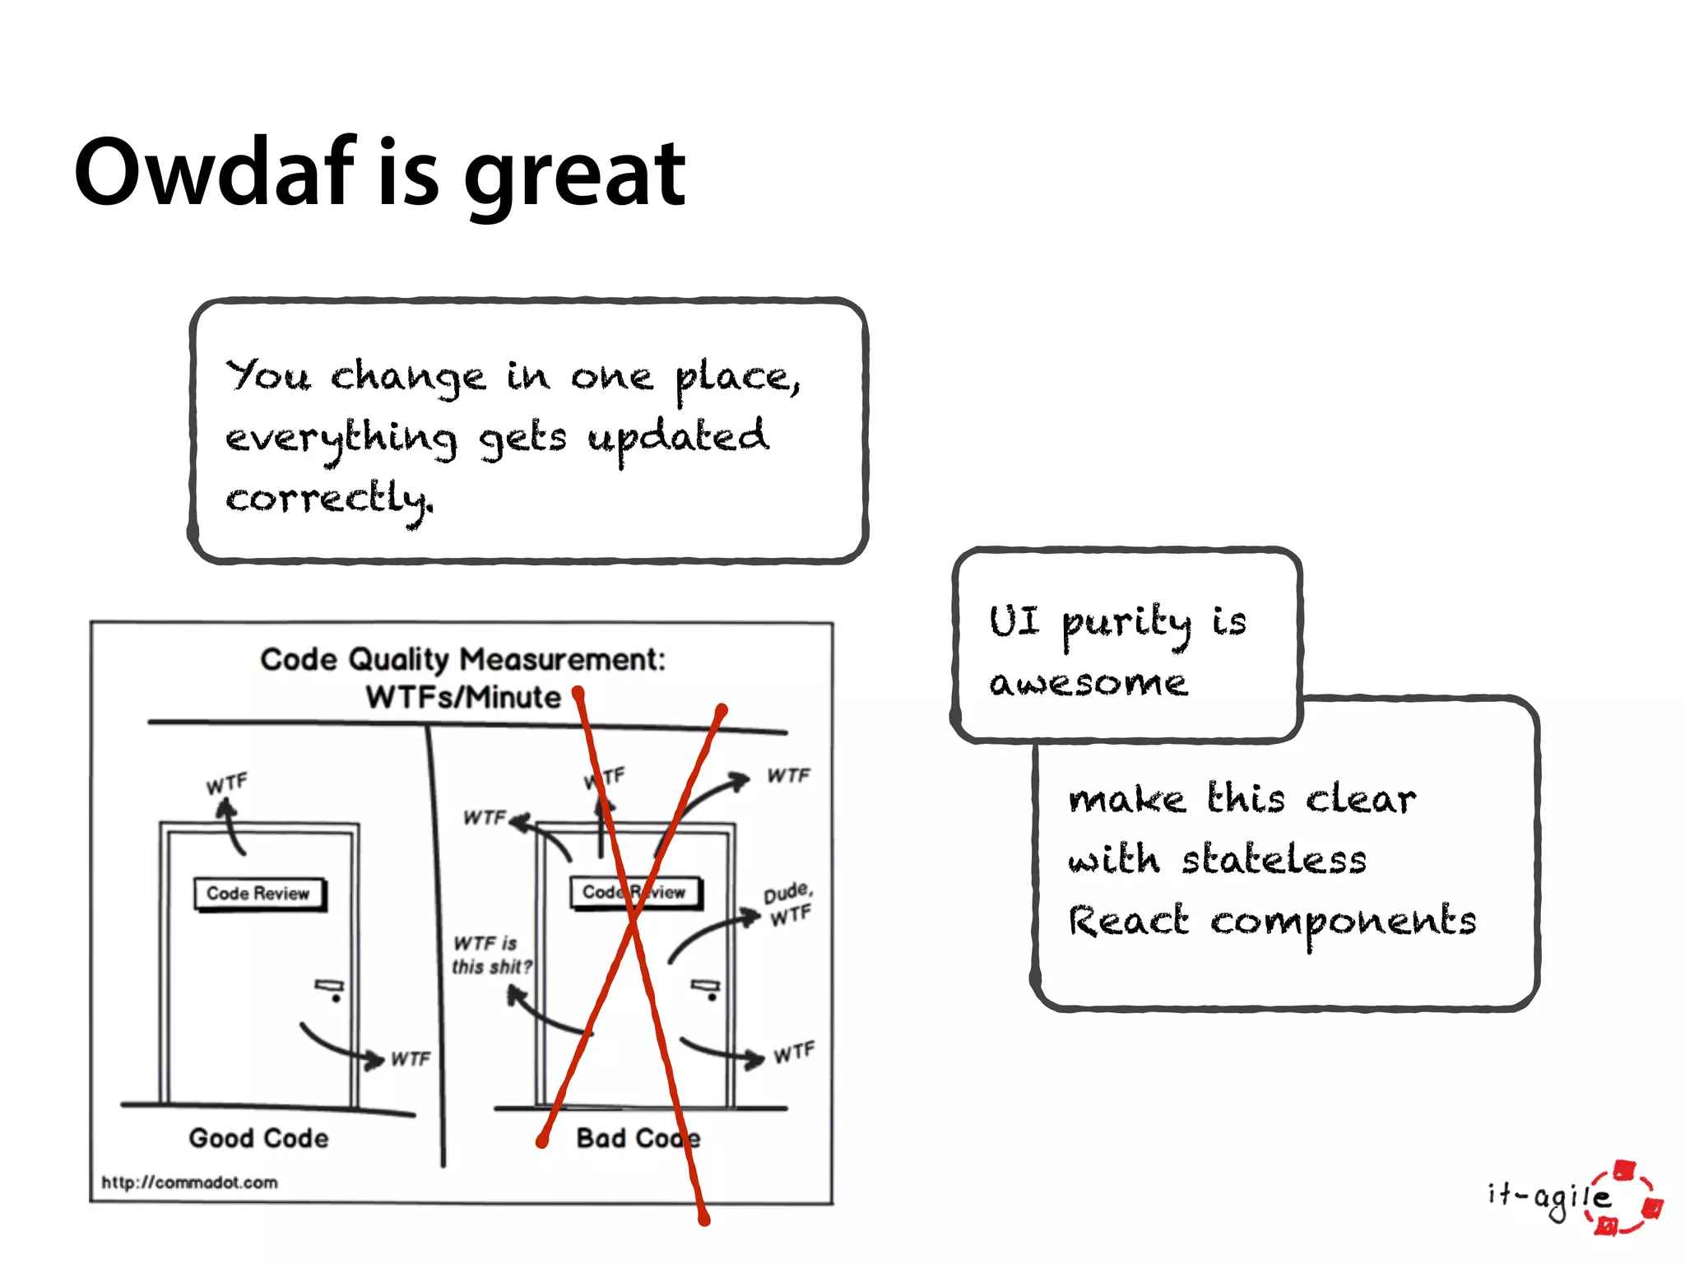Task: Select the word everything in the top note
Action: tap(341, 439)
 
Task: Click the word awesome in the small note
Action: tap(1089, 683)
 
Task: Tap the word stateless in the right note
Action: tap(1274, 861)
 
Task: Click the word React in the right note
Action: tap(1128, 921)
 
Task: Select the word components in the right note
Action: tap(1343, 922)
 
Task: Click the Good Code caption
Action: tap(258, 1138)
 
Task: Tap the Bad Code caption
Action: tap(638, 1138)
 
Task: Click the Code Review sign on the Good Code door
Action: tap(258, 894)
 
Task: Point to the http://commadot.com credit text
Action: tap(189, 1183)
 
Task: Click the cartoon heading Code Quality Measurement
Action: tap(462, 659)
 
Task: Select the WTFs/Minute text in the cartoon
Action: tap(462, 698)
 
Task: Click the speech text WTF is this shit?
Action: tap(491, 955)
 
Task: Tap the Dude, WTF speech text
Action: tap(788, 904)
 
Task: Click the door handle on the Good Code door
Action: tap(330, 987)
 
